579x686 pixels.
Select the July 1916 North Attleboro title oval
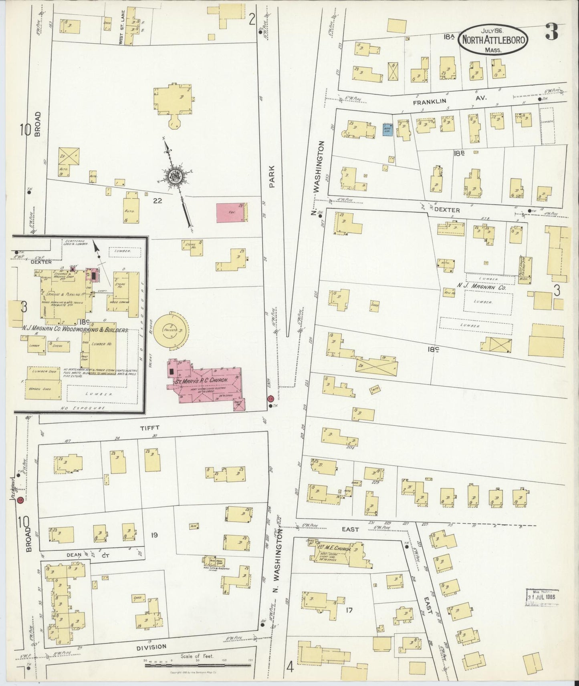point(494,40)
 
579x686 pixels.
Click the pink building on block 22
point(230,213)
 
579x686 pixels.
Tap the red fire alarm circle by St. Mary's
point(270,399)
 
